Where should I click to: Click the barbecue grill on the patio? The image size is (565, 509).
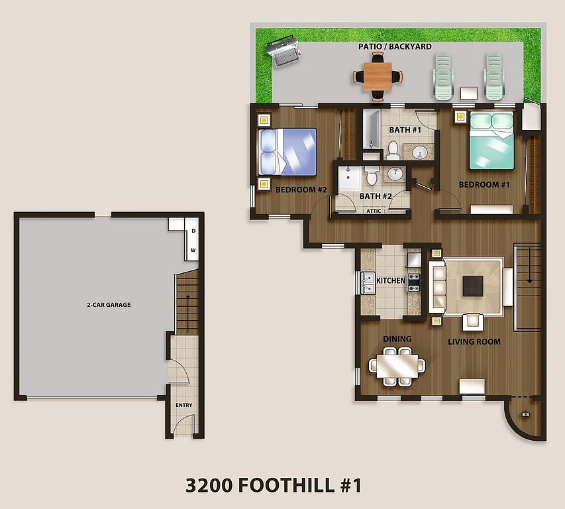tap(283, 51)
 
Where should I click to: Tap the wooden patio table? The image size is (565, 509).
tap(378, 76)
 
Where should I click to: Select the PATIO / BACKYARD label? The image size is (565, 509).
tap(395, 46)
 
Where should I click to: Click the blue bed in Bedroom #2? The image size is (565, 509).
tap(287, 152)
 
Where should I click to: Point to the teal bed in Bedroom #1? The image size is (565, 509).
tap(491, 141)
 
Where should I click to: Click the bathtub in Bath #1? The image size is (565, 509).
tap(372, 129)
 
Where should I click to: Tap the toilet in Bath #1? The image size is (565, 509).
tap(393, 150)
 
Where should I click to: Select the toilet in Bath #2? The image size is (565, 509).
tap(371, 176)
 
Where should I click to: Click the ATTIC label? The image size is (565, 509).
tap(374, 211)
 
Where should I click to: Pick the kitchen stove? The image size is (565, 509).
tap(414, 282)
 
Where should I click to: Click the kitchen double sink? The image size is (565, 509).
tap(368, 284)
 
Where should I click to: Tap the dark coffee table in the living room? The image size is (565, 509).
tap(473, 286)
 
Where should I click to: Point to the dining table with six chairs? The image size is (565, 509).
tap(397, 367)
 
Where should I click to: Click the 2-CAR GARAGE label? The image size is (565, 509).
tap(109, 305)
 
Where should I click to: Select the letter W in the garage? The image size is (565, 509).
tap(193, 250)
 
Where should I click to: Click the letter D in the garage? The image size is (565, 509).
tap(193, 231)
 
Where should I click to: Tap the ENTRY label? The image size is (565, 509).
tap(183, 405)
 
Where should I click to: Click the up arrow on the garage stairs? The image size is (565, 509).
tap(187, 313)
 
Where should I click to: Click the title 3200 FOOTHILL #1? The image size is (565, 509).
tap(274, 485)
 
